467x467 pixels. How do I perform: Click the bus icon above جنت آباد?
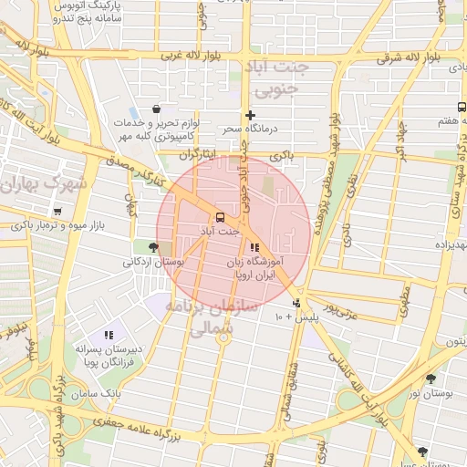pos(219,217)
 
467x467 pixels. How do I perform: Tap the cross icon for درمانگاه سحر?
pos(250,115)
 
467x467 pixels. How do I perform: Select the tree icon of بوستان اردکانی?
pos(152,246)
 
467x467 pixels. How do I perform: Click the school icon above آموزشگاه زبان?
pos(254,247)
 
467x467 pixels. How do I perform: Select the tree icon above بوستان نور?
pos(431,377)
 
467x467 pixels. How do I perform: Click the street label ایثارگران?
pos(200,155)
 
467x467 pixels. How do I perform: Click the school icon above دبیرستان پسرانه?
pos(109,335)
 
